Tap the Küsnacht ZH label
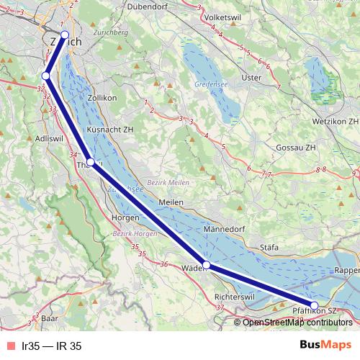click(x=110, y=130)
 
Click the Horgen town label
click(x=127, y=217)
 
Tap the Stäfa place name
click(x=269, y=247)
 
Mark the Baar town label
click(x=49, y=318)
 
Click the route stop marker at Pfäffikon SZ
click(x=315, y=305)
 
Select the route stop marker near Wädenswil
click(x=207, y=266)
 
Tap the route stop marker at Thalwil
click(x=91, y=162)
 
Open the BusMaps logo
click(x=325, y=346)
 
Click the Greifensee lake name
click(x=210, y=84)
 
